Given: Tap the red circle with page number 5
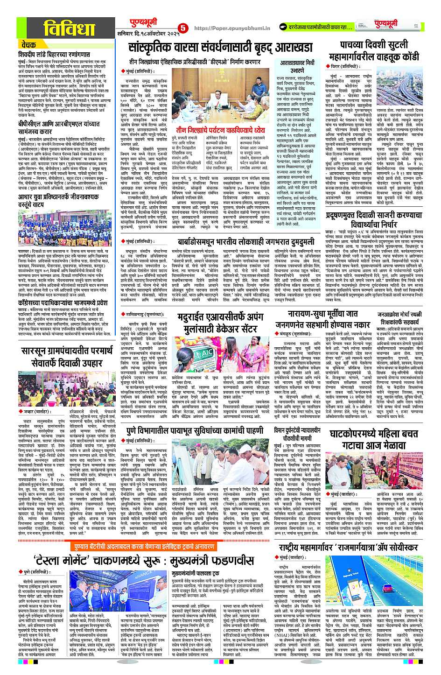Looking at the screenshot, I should (x=182, y=28).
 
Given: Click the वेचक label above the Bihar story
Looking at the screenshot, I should (x=29, y=45).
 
